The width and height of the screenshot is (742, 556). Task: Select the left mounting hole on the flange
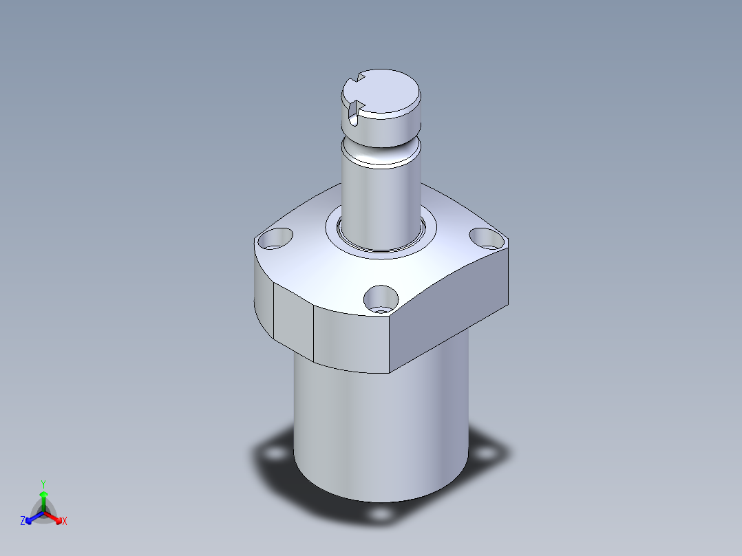tap(275, 238)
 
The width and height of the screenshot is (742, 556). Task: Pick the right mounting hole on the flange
tap(485, 237)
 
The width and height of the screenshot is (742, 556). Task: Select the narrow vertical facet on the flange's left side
tap(294, 321)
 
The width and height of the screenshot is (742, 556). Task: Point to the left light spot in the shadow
tap(276, 455)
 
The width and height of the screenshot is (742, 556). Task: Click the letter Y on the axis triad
tap(43, 483)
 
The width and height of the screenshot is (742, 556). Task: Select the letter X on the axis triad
tap(65, 522)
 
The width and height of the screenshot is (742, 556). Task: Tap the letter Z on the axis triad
tap(23, 521)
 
